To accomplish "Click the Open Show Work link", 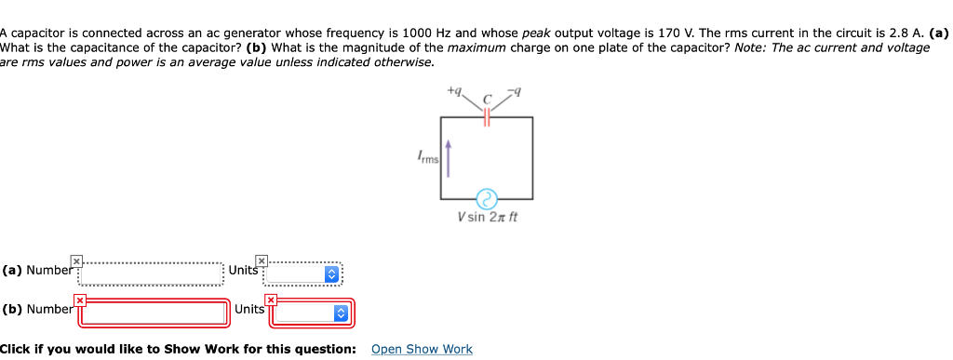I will coord(422,349).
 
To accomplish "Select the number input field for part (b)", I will coord(154,313).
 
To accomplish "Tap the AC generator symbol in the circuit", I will coord(487,198).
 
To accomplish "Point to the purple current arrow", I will coord(450,158).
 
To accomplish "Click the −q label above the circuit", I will coord(516,91).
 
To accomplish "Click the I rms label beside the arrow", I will coord(429,160).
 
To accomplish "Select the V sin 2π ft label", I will coord(487,217).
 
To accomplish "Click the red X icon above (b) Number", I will coord(81,300).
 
